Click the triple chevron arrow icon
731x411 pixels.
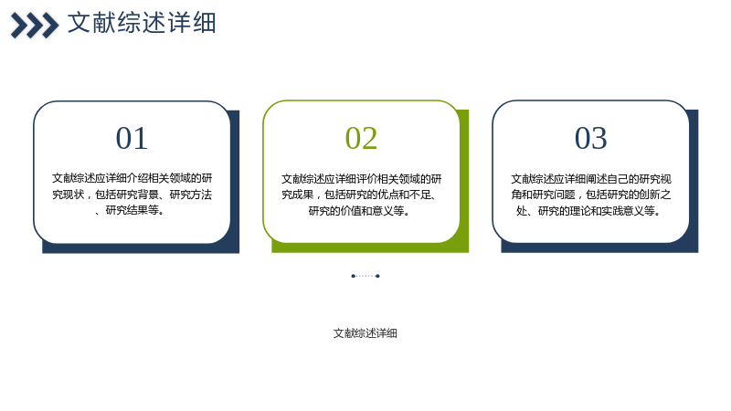pyautogui.click(x=35, y=26)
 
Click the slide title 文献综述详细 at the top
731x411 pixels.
pyautogui.click(x=142, y=23)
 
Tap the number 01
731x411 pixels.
pyautogui.click(x=132, y=139)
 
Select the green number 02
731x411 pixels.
pyautogui.click(x=361, y=139)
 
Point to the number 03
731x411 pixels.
pyautogui.click(x=590, y=139)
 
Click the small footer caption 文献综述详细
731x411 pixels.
pyautogui.click(x=365, y=333)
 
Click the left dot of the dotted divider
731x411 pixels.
pyautogui.click(x=353, y=276)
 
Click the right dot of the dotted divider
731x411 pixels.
pyautogui.click(x=377, y=276)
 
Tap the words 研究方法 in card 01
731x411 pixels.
pyautogui.click(x=191, y=195)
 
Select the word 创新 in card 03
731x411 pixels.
pyautogui.click(x=650, y=195)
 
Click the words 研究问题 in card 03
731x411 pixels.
pyautogui.click(x=554, y=195)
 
